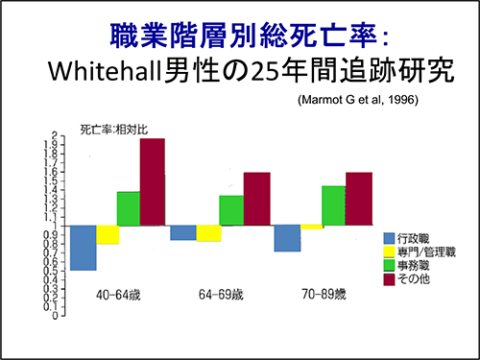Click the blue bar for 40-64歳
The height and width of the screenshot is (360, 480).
pos(84,248)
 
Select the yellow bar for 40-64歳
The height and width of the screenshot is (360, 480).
pos(108,235)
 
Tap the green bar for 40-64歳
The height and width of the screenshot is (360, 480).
pos(129,208)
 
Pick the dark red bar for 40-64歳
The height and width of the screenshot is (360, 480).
pos(153,182)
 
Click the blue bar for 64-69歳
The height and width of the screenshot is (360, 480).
pos(183,233)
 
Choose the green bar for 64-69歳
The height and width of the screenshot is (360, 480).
pos(231,210)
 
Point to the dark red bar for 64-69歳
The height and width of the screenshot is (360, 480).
pos(256,199)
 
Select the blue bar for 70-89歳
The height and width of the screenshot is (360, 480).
pos(287,238)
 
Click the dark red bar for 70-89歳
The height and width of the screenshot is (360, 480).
pos(359,199)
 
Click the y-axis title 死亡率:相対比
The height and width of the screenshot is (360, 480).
pos(113,130)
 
